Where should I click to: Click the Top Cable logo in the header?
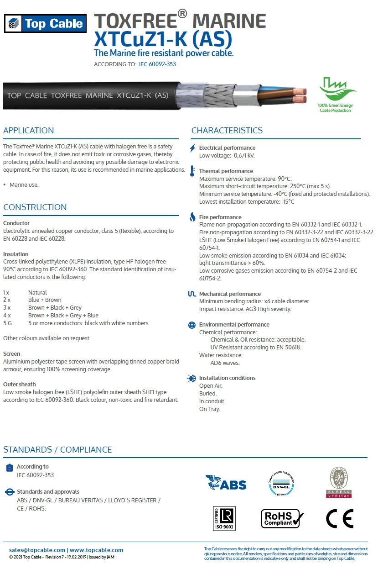click(45, 23)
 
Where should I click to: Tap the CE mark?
click(340, 518)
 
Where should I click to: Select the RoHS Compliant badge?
click(282, 518)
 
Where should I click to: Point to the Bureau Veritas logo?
click(339, 482)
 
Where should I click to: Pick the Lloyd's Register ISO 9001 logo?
click(224, 518)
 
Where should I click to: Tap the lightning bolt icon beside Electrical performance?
click(192, 148)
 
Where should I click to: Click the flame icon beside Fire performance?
click(192, 217)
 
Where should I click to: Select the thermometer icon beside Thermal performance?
click(192, 171)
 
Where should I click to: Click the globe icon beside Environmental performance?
click(192, 325)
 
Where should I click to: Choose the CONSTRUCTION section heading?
click(35, 207)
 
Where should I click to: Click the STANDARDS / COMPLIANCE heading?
click(57, 449)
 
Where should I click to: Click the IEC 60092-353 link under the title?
click(157, 64)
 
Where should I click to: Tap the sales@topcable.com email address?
click(37, 550)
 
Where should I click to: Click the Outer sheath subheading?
click(20, 385)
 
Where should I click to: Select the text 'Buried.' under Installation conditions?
click(208, 393)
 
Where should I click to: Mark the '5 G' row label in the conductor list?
click(7, 323)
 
